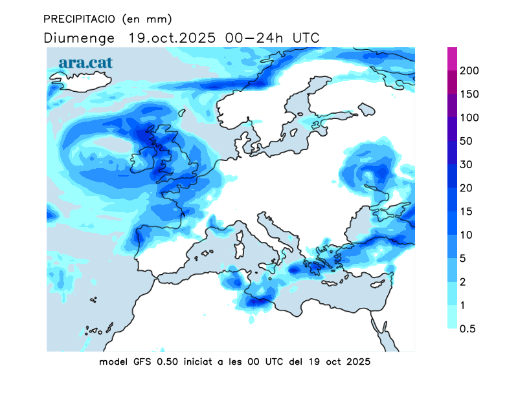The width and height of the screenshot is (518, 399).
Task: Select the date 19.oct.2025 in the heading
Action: [x=171, y=38]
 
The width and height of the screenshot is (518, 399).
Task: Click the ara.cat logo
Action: [x=85, y=63]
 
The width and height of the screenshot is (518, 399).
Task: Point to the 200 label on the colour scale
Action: [x=469, y=70]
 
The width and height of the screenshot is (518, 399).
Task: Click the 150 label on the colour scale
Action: [x=469, y=94]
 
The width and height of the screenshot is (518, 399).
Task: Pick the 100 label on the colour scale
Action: [x=469, y=118]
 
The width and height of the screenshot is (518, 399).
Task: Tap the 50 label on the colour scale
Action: [x=466, y=141]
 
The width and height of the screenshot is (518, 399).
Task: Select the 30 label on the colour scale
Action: [x=466, y=164]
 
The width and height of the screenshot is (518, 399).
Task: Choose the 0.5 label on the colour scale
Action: [x=467, y=329]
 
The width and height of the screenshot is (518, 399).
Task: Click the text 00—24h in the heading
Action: [x=253, y=38]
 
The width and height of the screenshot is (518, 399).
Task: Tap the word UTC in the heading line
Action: [x=306, y=38]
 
